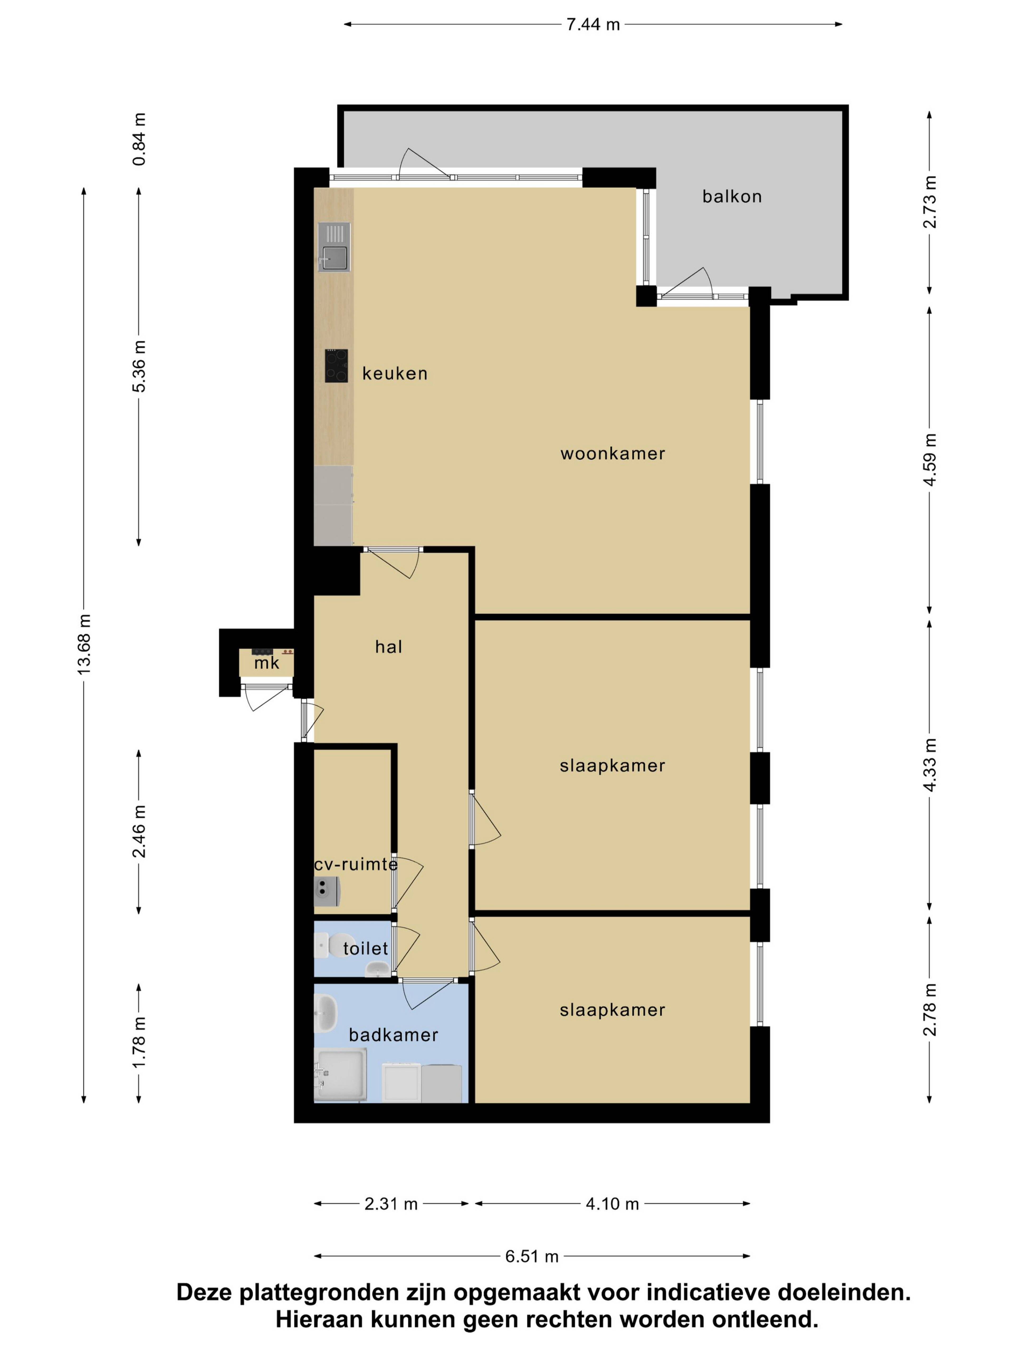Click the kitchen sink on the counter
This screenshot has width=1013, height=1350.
334,247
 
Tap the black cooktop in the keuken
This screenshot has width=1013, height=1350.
336,365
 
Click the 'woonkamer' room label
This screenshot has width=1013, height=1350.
613,454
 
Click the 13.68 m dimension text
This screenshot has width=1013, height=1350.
84,644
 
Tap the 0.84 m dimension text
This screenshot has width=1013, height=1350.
139,139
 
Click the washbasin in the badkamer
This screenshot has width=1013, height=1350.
326,1013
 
